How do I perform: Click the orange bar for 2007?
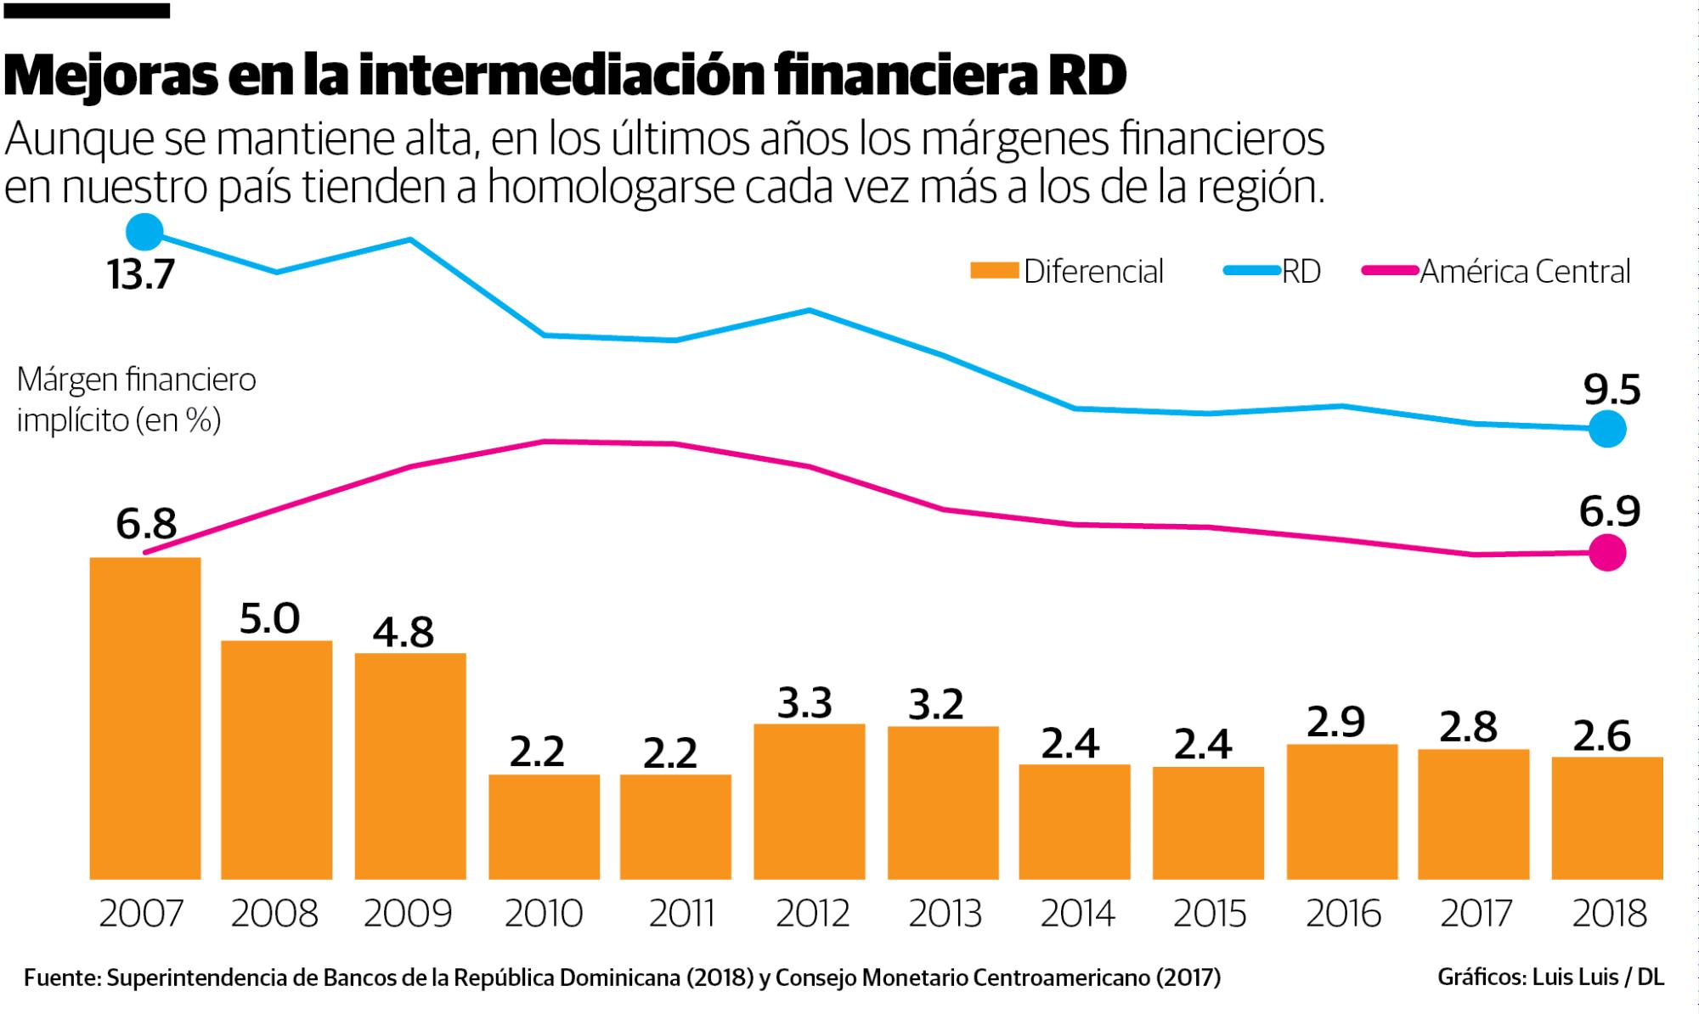click(145, 718)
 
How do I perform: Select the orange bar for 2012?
click(809, 801)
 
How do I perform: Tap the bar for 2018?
click(1606, 817)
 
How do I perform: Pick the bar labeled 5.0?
click(276, 759)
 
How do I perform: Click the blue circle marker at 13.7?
click(144, 232)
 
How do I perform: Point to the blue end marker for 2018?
click(1606, 429)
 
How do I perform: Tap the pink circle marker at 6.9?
click(1607, 553)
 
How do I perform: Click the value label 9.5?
click(1612, 390)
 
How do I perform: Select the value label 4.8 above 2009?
click(404, 632)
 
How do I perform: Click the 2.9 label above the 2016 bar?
click(1335, 722)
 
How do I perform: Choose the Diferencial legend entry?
click(1068, 272)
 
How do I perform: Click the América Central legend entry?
click(1497, 272)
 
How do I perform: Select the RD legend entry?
click(1273, 272)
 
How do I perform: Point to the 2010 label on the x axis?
click(544, 914)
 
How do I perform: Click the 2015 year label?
click(1210, 914)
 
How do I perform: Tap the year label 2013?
click(945, 914)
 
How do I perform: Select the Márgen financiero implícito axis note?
click(136, 399)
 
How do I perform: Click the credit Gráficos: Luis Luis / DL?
click(1550, 977)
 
